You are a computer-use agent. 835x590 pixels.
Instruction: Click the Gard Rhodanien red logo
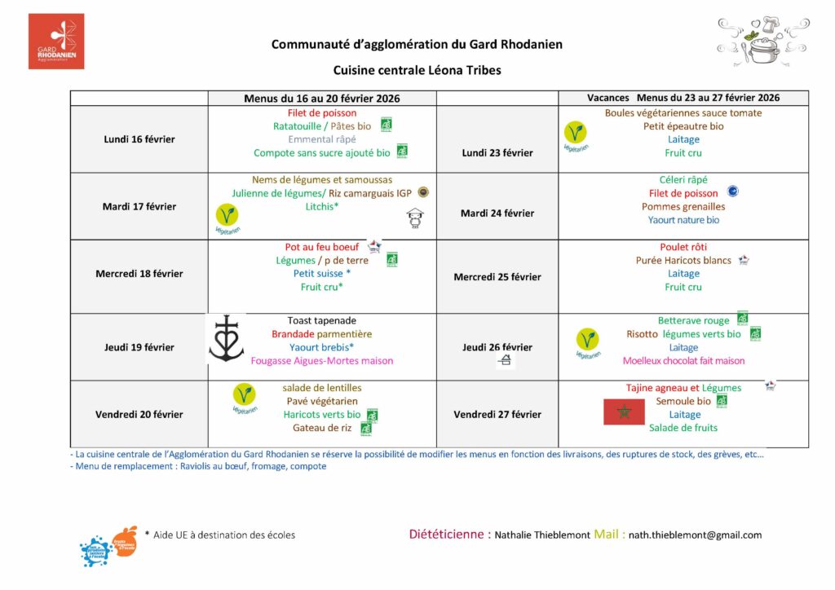(x=56, y=41)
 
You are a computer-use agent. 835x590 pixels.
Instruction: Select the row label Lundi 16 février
(x=139, y=139)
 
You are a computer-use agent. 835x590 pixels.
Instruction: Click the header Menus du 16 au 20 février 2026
(x=322, y=98)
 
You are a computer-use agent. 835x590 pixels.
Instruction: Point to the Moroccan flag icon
(x=624, y=412)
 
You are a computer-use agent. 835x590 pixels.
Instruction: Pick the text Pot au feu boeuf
(x=322, y=247)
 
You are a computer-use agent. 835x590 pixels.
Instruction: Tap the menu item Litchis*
(x=322, y=207)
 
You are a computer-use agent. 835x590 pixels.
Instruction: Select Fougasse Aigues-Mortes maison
(x=322, y=361)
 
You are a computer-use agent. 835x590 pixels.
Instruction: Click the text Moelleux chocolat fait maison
(x=683, y=361)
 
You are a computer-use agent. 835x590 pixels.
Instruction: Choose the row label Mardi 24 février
(x=497, y=214)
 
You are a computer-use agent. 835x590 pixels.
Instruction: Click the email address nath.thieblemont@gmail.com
(x=695, y=535)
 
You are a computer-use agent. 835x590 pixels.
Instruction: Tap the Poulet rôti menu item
(x=683, y=247)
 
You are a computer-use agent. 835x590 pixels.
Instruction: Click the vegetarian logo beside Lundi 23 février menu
(x=576, y=134)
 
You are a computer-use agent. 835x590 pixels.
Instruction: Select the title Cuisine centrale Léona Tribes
(x=417, y=70)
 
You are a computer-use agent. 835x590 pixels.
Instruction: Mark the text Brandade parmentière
(x=322, y=334)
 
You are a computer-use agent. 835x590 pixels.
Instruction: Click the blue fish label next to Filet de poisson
(x=732, y=192)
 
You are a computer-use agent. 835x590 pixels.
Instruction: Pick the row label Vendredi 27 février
(x=497, y=415)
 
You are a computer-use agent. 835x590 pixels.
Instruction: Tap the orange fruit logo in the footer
(x=125, y=539)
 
